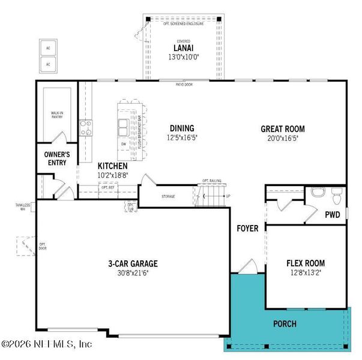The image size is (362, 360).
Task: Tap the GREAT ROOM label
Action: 282,129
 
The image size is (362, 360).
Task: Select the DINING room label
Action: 181,128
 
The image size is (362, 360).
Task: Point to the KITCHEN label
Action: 113,166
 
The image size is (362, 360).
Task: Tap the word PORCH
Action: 284,324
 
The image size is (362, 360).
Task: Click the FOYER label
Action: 247,229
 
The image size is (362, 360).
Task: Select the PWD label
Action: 333,214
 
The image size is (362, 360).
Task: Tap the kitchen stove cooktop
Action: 86,127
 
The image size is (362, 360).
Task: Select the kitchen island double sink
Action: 124,128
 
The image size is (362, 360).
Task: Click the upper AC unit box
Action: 48,47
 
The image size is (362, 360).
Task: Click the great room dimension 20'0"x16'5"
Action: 282,139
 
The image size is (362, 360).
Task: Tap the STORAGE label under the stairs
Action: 168,196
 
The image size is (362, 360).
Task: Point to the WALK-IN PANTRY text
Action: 58,115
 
